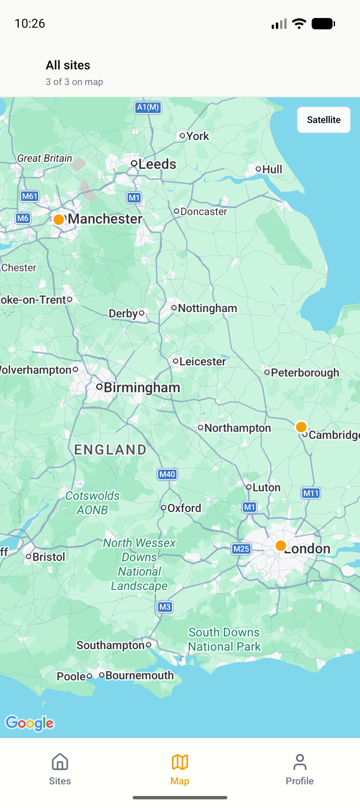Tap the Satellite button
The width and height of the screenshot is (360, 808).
323,120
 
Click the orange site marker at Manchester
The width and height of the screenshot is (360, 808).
59,219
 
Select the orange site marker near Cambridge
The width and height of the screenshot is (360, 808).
301,427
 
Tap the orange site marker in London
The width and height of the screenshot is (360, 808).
281,546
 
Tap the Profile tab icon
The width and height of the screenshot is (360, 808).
300,763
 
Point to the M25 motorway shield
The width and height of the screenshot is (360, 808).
241,549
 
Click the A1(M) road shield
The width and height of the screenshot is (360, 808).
148,107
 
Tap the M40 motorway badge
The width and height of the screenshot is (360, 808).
167,474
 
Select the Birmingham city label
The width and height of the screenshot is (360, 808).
142,388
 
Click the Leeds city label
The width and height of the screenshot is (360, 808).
157,164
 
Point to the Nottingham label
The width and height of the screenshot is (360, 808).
207,308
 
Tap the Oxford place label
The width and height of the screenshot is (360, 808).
184,508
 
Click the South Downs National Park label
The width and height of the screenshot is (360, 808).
224,639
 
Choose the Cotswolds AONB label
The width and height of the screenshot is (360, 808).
92,503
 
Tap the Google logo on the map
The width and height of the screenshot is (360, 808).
30,723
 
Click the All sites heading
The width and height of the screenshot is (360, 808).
68,65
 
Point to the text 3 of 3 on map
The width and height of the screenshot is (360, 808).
74,82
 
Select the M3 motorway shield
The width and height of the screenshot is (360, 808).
165,607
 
